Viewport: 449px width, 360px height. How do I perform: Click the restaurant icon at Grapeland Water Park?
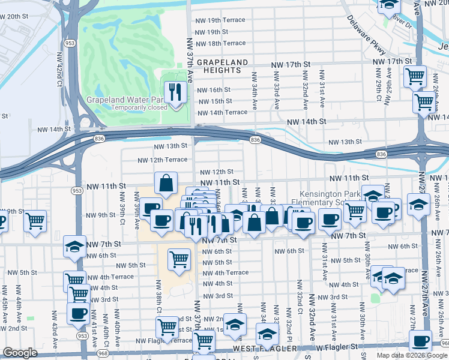tap(175, 92)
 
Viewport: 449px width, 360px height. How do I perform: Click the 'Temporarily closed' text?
tap(139, 108)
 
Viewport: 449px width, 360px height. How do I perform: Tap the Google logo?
tap(20, 353)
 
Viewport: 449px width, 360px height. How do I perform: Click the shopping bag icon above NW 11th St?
tap(166, 182)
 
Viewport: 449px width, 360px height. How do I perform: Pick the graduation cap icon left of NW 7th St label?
tap(75, 247)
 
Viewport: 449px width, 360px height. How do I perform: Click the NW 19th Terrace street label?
tap(220, 20)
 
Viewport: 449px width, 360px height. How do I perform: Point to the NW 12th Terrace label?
tap(162, 160)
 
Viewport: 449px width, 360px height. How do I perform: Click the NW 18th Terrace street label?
tap(220, 43)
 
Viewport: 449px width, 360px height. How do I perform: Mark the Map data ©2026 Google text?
tap(411, 355)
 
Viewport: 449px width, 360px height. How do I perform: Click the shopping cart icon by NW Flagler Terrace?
tap(167, 326)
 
